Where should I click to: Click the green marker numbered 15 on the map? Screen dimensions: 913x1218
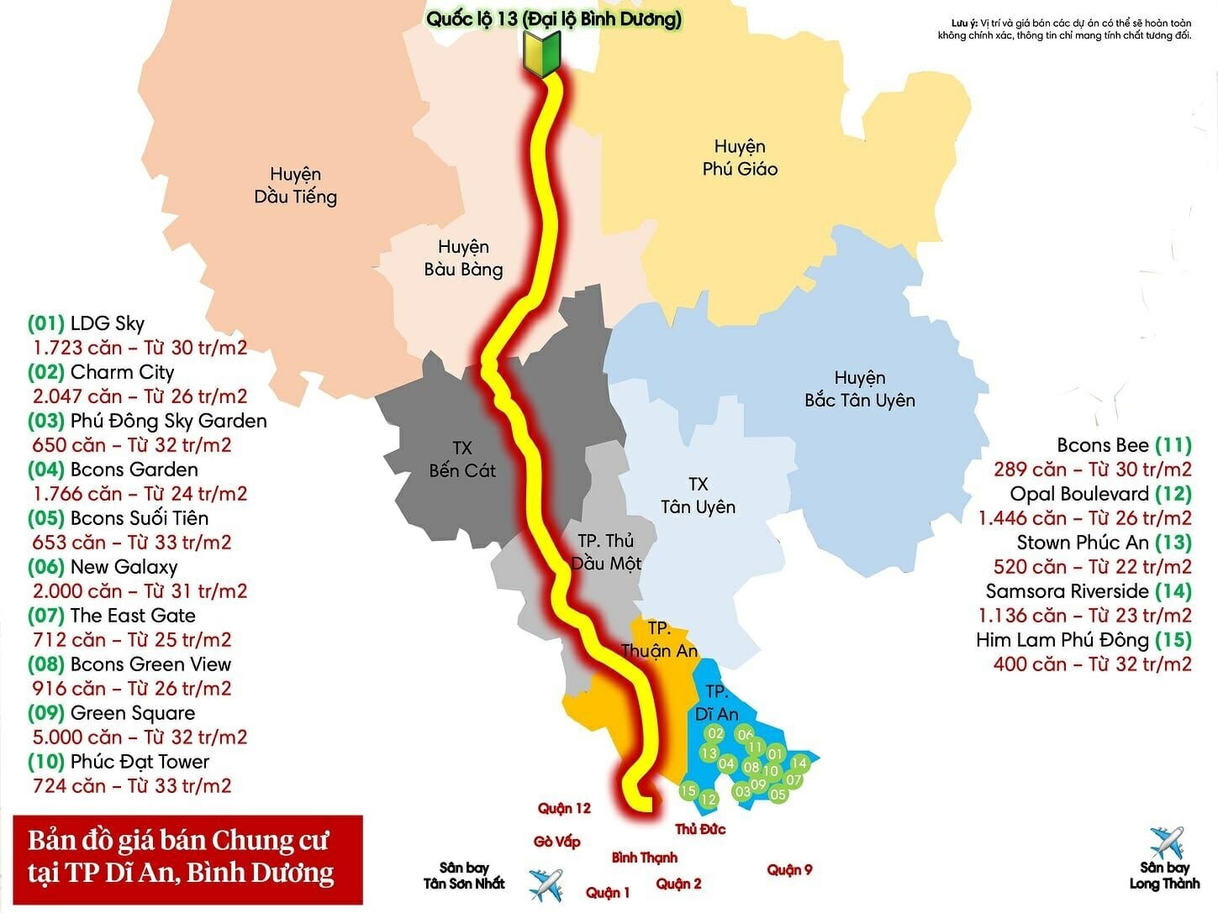(x=688, y=790)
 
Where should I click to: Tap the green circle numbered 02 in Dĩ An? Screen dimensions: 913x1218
(x=715, y=733)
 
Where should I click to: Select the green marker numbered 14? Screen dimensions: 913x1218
(x=799, y=763)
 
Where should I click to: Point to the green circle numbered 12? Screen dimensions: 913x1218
(x=709, y=800)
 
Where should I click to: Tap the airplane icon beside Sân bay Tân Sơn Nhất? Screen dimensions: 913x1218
(x=545, y=885)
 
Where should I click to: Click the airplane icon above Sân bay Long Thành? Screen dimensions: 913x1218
(x=1166, y=842)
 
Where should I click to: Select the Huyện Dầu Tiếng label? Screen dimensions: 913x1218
(x=295, y=186)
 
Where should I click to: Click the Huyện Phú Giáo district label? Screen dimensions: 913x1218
(x=740, y=158)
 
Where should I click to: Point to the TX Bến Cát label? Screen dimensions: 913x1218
(x=461, y=459)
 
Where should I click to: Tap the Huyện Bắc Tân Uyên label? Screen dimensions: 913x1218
(x=859, y=389)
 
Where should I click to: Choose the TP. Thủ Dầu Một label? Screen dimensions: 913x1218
(x=605, y=552)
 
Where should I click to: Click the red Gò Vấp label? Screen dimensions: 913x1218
(x=556, y=842)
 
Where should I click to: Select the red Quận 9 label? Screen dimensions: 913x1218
(x=789, y=869)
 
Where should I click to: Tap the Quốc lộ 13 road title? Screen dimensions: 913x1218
(x=553, y=19)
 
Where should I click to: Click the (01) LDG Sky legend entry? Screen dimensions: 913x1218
(x=87, y=323)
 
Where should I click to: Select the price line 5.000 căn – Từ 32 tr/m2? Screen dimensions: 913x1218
(x=140, y=737)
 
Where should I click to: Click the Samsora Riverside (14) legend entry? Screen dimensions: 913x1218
(x=1088, y=591)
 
